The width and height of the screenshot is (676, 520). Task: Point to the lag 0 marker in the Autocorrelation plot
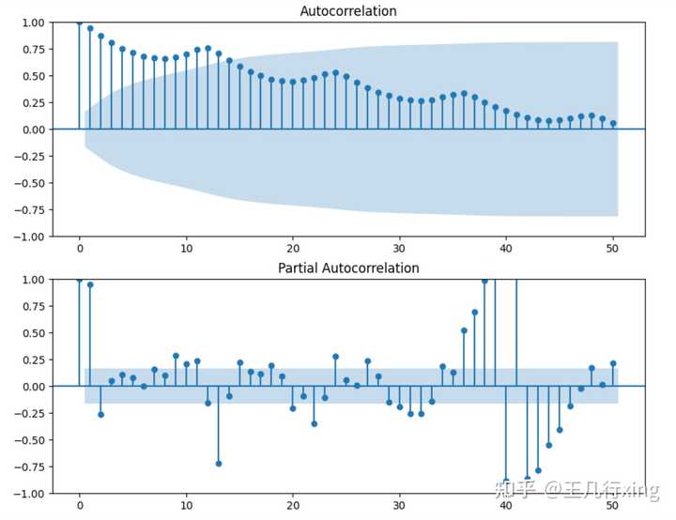tap(79, 22)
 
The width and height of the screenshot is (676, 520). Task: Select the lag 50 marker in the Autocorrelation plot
tap(613, 123)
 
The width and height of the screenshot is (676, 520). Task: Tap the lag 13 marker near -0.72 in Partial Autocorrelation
tap(218, 463)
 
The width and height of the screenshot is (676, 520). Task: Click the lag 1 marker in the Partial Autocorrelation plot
tap(90, 284)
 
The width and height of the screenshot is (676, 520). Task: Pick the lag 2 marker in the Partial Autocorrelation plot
tap(100, 414)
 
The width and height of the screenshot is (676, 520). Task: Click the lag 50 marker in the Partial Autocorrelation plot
tap(613, 363)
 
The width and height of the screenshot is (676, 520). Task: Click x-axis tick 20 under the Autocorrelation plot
tap(293, 250)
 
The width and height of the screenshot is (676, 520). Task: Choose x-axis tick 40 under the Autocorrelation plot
tap(506, 250)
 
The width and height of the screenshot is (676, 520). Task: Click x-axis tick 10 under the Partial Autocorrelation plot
tap(186, 507)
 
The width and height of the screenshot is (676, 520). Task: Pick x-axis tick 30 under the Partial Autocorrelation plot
tap(400, 507)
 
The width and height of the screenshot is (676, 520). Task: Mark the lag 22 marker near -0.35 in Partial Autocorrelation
tap(314, 423)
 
